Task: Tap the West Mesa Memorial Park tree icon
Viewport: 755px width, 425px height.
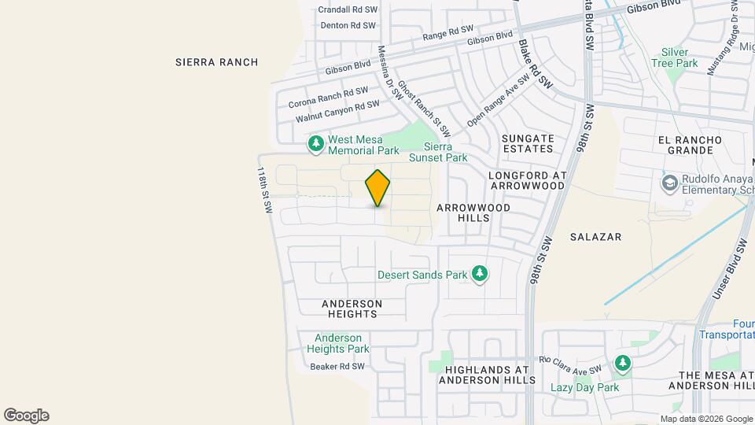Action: [x=315, y=143]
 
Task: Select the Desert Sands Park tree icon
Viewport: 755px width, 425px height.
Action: [x=479, y=274]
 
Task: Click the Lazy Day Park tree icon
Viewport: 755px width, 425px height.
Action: [x=623, y=363]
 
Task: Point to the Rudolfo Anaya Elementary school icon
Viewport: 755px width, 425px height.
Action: [x=669, y=183]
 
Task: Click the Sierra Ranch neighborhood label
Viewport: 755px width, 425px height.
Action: [x=216, y=62]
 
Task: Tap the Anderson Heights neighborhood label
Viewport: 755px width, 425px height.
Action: [x=352, y=309]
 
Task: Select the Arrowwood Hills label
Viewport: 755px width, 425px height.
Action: [x=473, y=213]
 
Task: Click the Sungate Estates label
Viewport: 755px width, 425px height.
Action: [x=528, y=144]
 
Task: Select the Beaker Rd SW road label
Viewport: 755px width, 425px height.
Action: [x=337, y=367]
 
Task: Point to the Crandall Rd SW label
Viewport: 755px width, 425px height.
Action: [x=348, y=10]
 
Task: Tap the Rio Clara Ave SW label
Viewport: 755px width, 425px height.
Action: [x=570, y=364]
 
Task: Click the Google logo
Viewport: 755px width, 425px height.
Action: [x=26, y=416]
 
